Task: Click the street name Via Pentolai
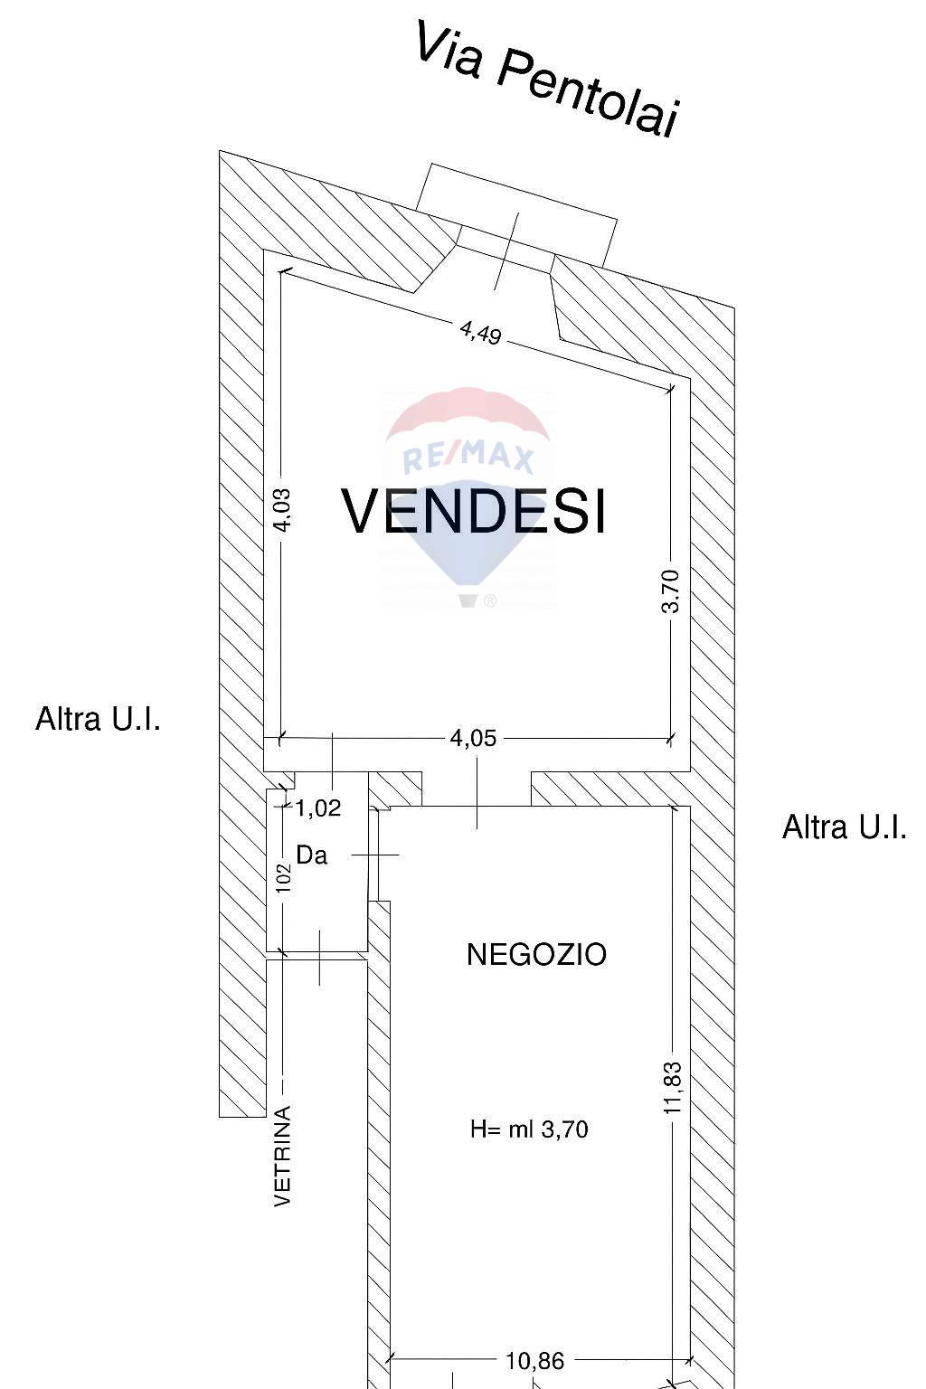click(x=547, y=79)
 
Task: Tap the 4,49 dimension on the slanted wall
click(x=480, y=333)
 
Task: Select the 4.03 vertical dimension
click(x=282, y=510)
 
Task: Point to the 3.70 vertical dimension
click(x=670, y=591)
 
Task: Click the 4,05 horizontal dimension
click(x=473, y=739)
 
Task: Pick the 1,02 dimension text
click(x=318, y=808)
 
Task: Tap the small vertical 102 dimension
click(x=283, y=877)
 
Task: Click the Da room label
click(x=311, y=855)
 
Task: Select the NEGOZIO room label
click(x=536, y=954)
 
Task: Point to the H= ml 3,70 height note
click(x=529, y=1129)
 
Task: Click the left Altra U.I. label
click(x=98, y=719)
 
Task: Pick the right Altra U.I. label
click(x=845, y=827)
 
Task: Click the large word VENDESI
click(x=473, y=511)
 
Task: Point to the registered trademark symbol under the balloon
click(x=490, y=600)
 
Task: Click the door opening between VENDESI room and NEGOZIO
click(x=477, y=789)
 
